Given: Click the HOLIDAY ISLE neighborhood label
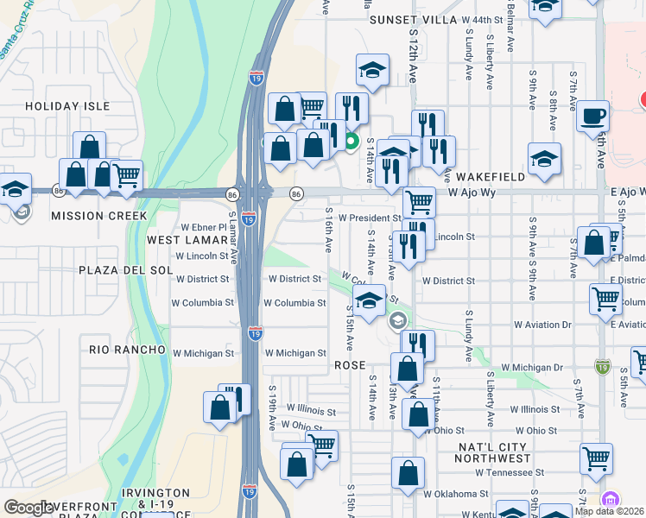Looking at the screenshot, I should pyautogui.click(x=67, y=105).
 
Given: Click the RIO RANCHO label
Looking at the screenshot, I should pyautogui.click(x=127, y=350).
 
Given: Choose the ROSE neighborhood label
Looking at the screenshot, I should pyautogui.click(x=351, y=366).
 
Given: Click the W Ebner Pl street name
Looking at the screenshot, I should pyautogui.click(x=203, y=227).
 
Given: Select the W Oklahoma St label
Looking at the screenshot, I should pyautogui.click(x=456, y=495).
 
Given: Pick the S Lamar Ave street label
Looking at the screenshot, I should pyautogui.click(x=232, y=231).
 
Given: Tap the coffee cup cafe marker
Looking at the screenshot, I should pyautogui.click(x=593, y=116).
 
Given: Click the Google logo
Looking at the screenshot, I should pyautogui.click(x=29, y=508).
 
